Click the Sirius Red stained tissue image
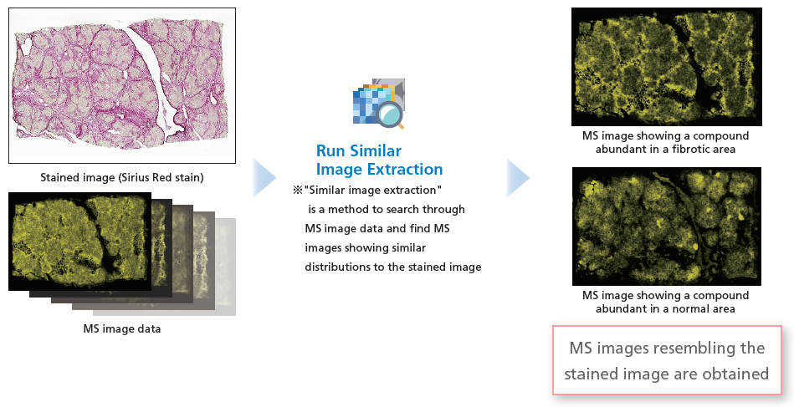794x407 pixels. pos(122,85)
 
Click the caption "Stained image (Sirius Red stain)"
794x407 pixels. pos(122,177)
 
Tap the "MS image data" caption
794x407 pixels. pos(122,328)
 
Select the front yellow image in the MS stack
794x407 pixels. pos(80,242)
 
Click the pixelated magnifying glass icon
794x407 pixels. pos(379,104)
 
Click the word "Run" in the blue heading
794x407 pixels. pos(330,150)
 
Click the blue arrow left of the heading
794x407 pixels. pos(264,177)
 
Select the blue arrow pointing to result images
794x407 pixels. pos(518,177)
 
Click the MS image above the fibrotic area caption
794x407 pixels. pos(666,67)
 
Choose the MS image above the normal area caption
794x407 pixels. pos(666,226)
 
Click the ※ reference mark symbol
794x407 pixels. pos(298,190)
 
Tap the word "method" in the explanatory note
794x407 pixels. pos(351,209)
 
